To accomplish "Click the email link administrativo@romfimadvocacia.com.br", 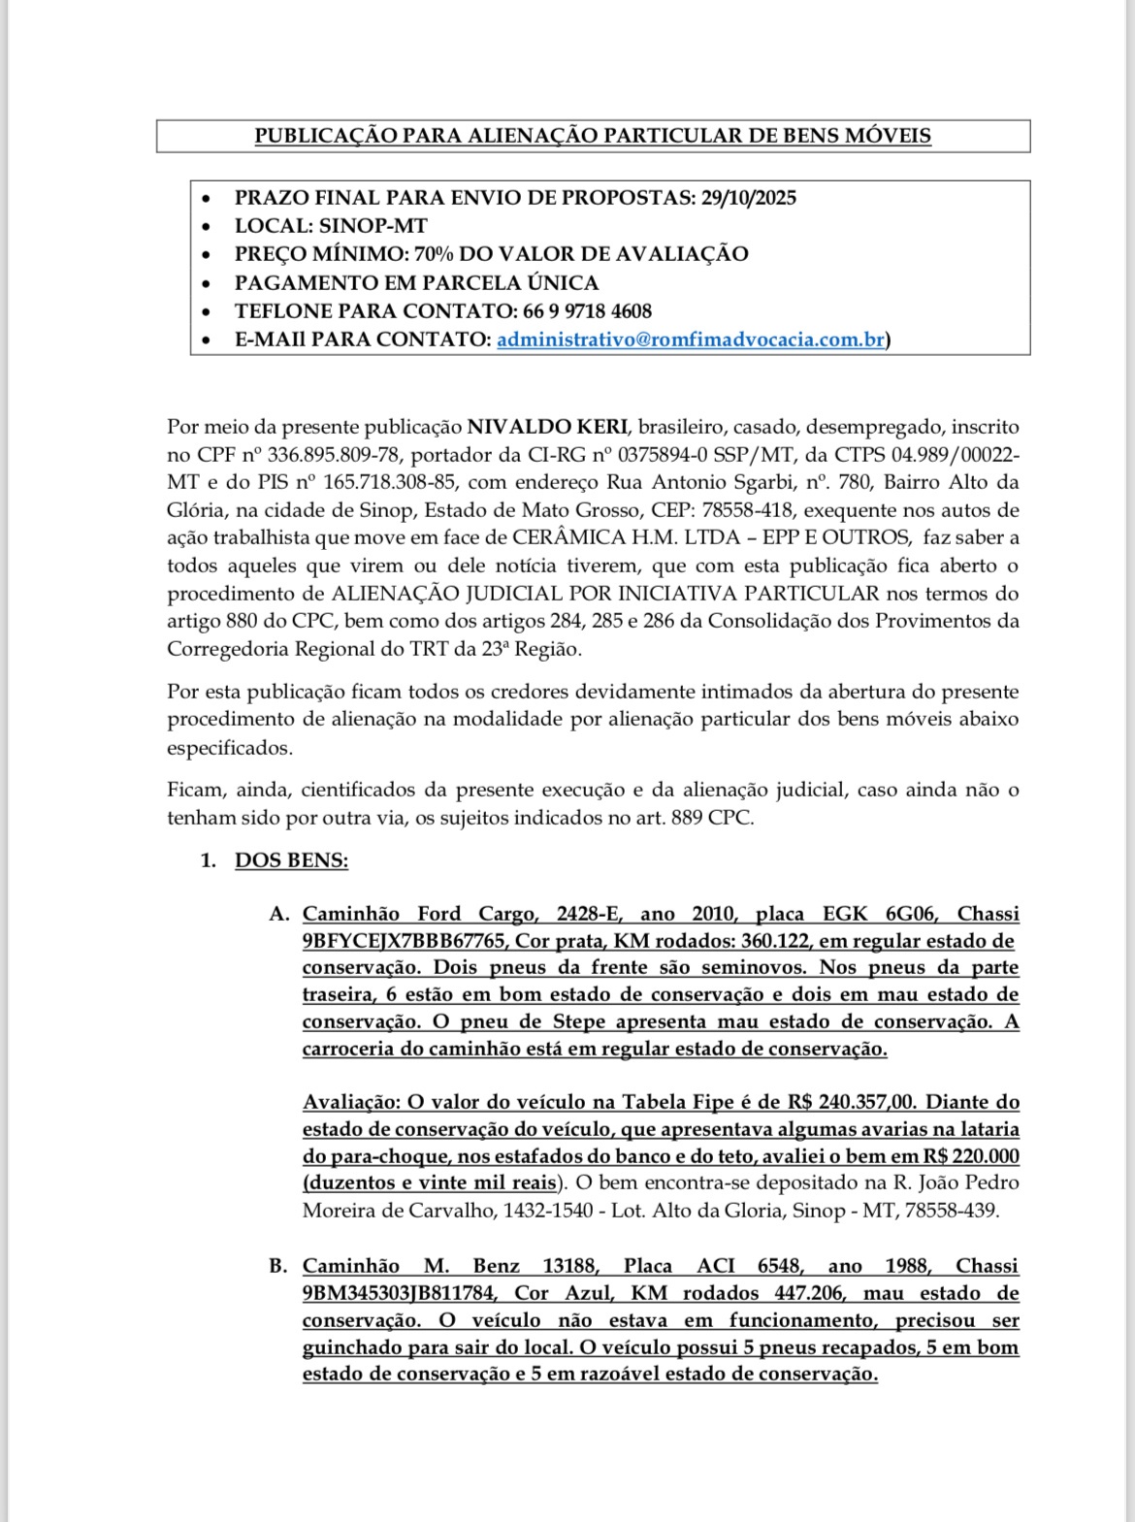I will (x=690, y=340).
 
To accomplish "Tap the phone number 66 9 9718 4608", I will (x=587, y=311).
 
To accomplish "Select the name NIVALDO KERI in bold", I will (x=548, y=427).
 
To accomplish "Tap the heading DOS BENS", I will (x=291, y=860).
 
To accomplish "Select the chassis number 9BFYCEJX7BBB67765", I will (x=404, y=941).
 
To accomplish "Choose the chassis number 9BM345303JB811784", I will (x=400, y=1293).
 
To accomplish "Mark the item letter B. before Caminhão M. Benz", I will (x=278, y=1266).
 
